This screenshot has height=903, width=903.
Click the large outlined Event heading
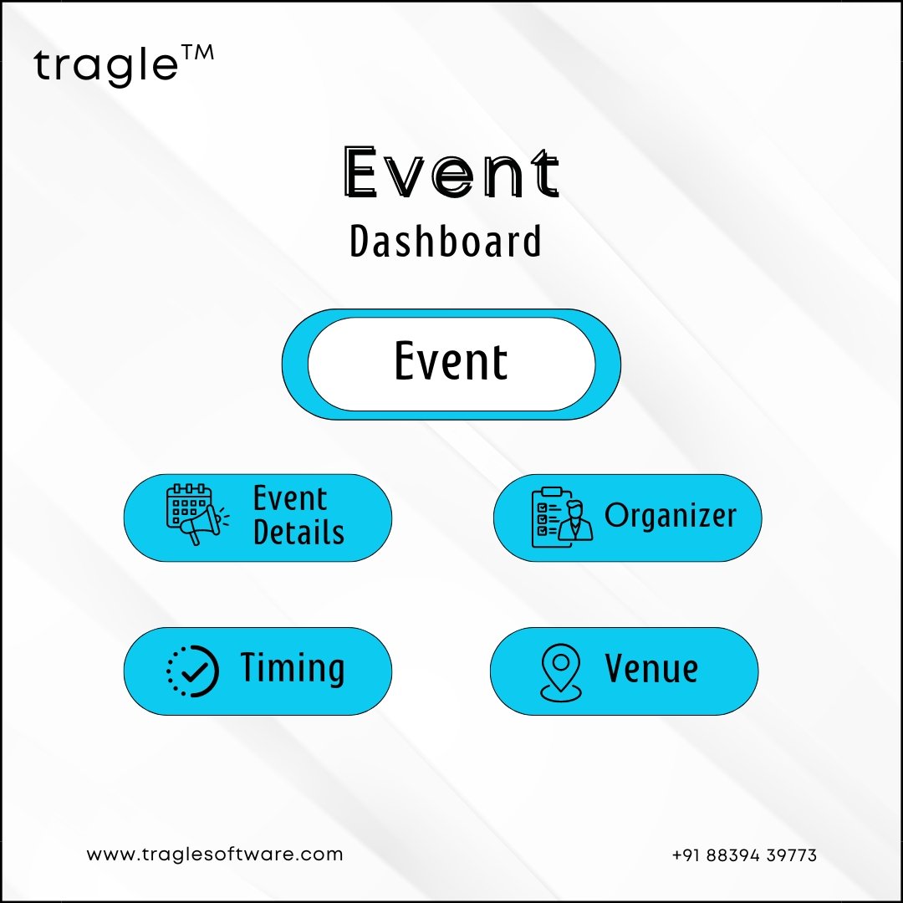pos(451,173)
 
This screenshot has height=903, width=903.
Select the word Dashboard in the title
pos(445,241)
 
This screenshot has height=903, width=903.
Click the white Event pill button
pos(451,364)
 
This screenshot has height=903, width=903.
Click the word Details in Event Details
pos(298,532)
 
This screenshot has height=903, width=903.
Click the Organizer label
pos(671,515)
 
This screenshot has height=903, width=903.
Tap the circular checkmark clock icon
pos(193,671)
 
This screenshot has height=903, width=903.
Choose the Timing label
pos(293,669)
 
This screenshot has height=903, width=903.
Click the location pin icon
pos(561,672)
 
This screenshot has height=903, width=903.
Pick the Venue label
pos(651,669)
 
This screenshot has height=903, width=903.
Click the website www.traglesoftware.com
pos(215,854)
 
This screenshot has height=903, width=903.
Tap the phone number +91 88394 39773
pos(744,855)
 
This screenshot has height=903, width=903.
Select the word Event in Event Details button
pos(289,498)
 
